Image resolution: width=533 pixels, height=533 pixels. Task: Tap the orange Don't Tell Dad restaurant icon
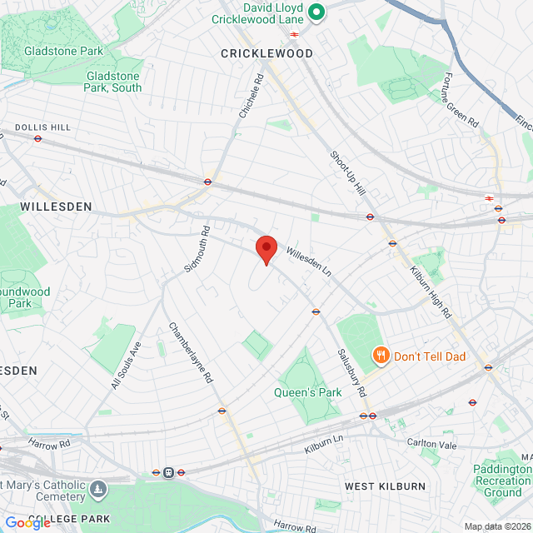(x=381, y=356)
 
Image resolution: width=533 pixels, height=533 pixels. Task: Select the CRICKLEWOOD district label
(x=266, y=53)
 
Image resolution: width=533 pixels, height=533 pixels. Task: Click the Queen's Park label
(x=308, y=392)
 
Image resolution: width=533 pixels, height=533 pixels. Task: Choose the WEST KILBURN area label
(x=385, y=486)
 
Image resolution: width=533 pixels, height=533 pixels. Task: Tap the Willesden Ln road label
(x=309, y=261)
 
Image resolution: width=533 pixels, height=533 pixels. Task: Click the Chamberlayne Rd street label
(x=192, y=352)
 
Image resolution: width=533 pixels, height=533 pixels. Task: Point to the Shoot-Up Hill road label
(x=347, y=173)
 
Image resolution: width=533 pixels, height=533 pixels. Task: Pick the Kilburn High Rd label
(x=431, y=292)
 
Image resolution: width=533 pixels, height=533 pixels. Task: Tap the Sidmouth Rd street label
(x=195, y=247)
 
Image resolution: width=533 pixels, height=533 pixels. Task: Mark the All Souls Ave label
(x=127, y=365)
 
